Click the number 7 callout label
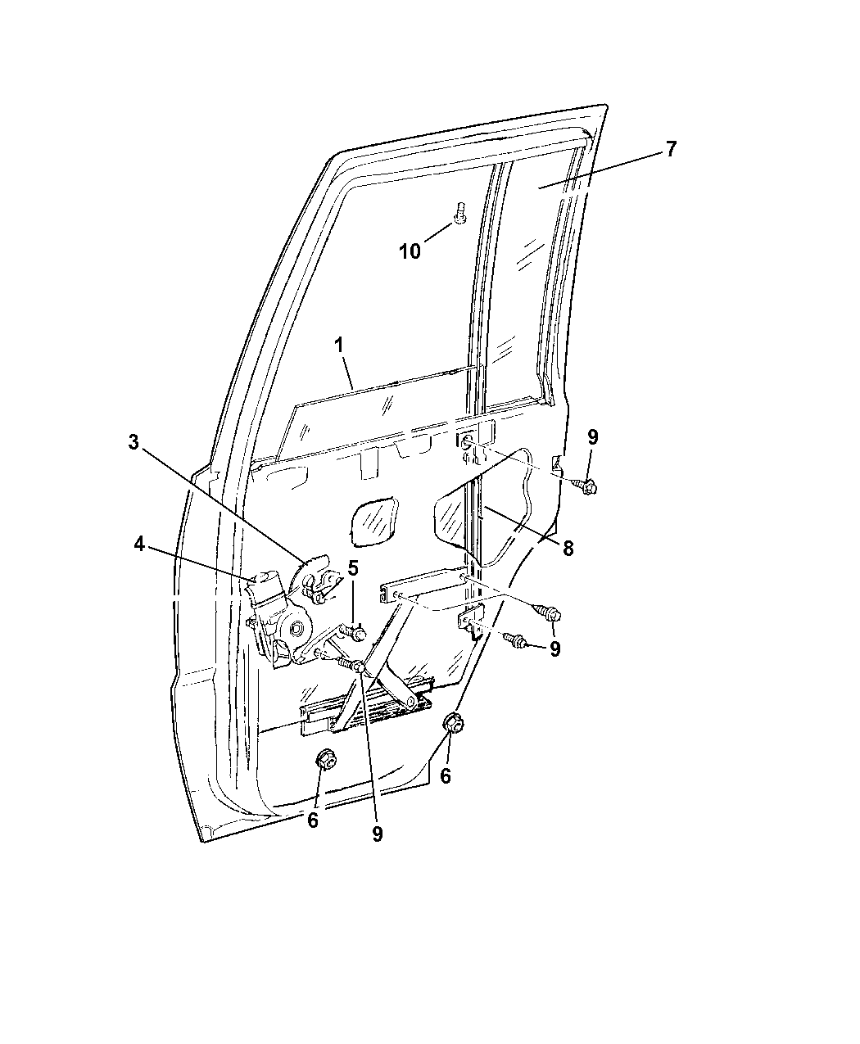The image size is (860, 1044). [670, 149]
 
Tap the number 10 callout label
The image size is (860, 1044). [410, 251]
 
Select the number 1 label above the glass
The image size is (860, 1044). [339, 345]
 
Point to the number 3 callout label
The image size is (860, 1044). [133, 441]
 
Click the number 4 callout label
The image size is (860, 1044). [139, 544]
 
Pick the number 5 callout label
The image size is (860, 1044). [353, 568]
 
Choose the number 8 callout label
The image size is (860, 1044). [568, 548]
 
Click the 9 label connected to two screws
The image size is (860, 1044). [554, 649]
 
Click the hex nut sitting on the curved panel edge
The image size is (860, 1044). [454, 724]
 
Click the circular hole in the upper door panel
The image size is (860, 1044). [467, 441]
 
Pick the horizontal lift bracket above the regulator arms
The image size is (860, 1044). [423, 584]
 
